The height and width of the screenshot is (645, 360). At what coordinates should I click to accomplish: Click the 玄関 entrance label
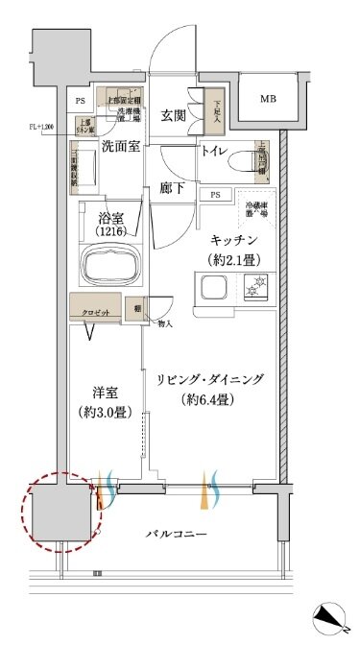point(173,116)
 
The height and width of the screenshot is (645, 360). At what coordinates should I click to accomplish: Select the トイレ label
point(214,151)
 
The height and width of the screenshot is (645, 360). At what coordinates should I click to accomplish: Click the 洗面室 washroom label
point(121,147)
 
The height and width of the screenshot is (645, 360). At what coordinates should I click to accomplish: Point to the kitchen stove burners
point(256,286)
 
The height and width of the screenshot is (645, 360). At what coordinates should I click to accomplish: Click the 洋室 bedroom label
point(105,393)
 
